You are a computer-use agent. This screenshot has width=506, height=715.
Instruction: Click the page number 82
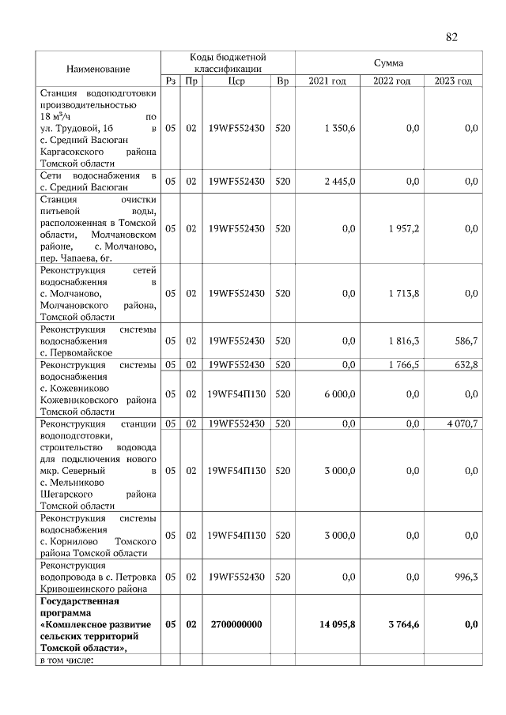tap(451, 37)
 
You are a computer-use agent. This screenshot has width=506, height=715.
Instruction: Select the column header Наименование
tap(98, 70)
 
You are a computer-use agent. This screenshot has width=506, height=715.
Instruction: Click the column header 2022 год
tap(391, 81)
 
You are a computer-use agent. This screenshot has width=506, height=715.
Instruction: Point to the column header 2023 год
tap(453, 81)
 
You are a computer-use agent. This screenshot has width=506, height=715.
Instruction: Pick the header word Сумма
tap(388, 62)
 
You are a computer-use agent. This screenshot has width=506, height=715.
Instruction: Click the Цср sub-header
tap(236, 81)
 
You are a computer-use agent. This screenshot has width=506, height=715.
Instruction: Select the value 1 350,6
tap(340, 128)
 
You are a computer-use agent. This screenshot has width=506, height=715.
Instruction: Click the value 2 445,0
tap(340, 181)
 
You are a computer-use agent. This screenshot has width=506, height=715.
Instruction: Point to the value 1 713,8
tap(403, 293)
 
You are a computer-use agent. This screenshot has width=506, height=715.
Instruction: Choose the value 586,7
tap(463, 341)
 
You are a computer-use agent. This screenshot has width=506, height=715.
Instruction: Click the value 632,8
tap(463, 364)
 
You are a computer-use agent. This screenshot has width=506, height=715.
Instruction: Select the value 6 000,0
tap(340, 393)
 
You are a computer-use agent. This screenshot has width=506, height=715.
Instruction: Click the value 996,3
tap(463, 578)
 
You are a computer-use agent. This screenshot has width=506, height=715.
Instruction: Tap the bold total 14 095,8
tap(337, 624)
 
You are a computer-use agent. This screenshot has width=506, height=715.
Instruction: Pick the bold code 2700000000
tap(236, 624)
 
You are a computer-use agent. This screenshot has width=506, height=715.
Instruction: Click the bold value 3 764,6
tap(402, 624)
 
